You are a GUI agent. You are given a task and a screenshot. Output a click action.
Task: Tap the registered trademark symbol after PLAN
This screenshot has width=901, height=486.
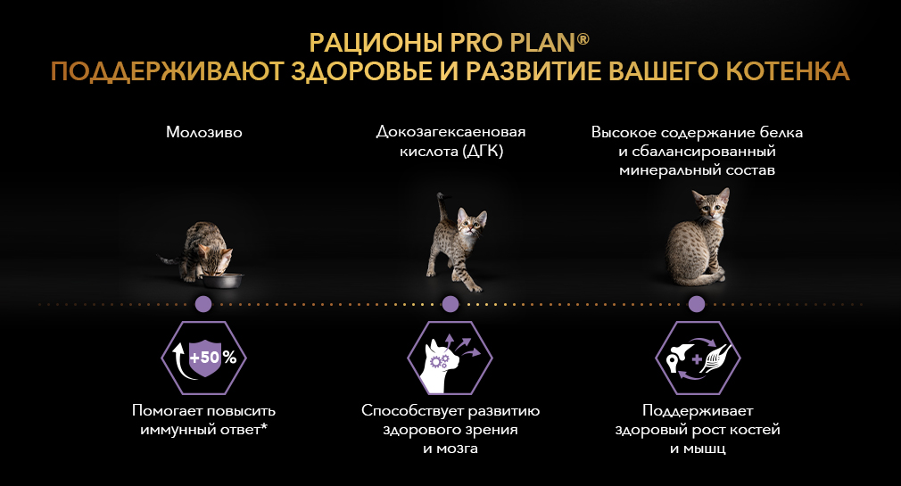(583, 38)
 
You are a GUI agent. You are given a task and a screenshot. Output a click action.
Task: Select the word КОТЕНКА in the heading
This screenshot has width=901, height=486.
(787, 71)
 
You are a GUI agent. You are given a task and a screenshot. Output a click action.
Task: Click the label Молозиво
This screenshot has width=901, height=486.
(204, 132)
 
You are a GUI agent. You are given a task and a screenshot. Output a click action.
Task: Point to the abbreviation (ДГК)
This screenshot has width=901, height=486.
(482, 151)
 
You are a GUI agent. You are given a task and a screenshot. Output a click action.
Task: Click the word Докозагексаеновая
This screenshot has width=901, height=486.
(451, 132)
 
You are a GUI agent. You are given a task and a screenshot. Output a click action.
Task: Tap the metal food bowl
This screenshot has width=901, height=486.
(222, 280)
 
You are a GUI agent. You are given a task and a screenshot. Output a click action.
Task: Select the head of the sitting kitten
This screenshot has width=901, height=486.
(710, 206)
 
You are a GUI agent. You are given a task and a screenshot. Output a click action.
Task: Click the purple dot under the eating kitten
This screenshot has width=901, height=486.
(203, 304)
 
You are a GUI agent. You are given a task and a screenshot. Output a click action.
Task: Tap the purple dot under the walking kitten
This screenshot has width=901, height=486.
(450, 304)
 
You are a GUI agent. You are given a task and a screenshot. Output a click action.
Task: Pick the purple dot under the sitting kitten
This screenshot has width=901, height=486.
(697, 304)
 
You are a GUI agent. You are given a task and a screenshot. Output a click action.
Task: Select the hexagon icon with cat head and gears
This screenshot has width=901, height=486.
(450, 358)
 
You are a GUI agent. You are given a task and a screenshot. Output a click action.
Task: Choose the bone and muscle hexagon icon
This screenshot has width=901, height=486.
(698, 358)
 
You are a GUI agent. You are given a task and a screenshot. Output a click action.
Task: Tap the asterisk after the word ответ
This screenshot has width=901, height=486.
(264, 427)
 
